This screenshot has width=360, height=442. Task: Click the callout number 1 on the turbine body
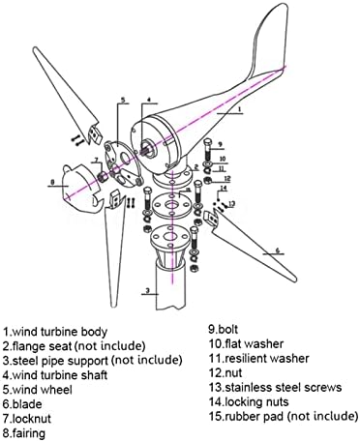tap(239, 109)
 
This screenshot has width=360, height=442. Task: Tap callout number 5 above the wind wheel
tap(123, 100)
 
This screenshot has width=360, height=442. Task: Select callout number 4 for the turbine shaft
tap(149, 100)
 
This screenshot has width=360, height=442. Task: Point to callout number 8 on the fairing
tap(52, 182)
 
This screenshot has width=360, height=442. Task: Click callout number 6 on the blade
tap(278, 250)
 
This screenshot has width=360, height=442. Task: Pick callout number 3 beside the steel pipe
tap(147, 290)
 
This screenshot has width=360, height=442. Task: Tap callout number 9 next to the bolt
tap(220, 144)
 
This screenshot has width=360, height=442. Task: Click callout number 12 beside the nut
tap(227, 178)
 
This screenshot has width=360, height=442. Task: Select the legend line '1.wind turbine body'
tap(55, 332)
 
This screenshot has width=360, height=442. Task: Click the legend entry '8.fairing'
tap(24, 433)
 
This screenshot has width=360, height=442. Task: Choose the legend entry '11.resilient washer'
tap(259, 358)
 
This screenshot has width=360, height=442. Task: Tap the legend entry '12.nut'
tap(225, 372)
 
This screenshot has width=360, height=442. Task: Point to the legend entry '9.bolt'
tap(224, 329)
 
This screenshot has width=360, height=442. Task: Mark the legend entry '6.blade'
tap(22, 404)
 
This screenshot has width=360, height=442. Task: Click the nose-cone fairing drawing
tap(80, 189)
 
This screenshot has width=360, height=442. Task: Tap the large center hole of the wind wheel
tap(124, 158)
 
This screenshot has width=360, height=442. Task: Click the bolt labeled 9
tap(208, 149)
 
